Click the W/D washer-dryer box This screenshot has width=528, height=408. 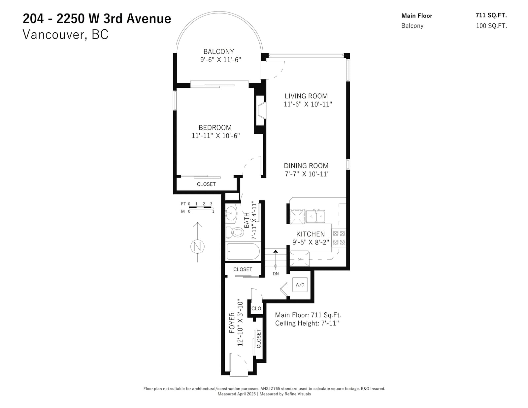click(300, 285)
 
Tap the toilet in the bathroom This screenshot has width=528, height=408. click(235, 233)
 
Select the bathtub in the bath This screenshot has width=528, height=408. click(243, 252)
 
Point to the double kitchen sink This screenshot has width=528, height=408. click(315, 216)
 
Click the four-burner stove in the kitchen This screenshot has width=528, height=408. click(339, 238)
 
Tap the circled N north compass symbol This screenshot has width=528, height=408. click(197, 247)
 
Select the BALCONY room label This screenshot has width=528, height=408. click(219, 51)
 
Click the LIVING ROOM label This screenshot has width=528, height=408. click(306, 96)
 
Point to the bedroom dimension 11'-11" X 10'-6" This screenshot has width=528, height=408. click(216, 136)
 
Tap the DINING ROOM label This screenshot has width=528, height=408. click(306, 166)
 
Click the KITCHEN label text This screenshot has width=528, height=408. click(310, 234)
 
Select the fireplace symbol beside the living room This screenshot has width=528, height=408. click(262, 110)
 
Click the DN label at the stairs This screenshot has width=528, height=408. click(276, 274)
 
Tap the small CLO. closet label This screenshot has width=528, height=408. click(257, 308)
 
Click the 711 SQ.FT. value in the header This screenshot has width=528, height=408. click(491, 15)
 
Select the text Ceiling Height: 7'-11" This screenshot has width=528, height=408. click(307, 323)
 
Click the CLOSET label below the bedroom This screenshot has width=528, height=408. click(206, 184)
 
